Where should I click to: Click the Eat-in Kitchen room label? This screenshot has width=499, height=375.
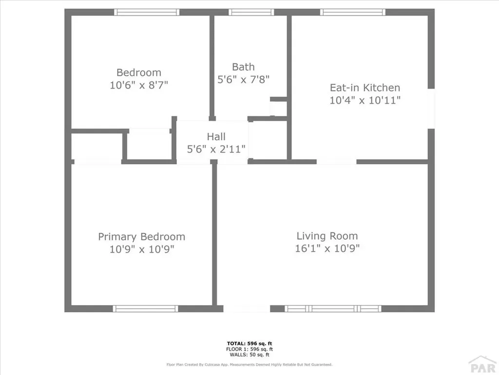[365, 88]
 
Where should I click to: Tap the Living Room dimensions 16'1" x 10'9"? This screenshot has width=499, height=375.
[327, 248]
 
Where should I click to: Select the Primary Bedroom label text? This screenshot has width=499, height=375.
[141, 237]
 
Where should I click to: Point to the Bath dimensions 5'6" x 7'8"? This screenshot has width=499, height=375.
[243, 78]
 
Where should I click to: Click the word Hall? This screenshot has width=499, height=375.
[216, 137]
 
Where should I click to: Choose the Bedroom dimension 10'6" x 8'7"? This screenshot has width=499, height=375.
[139, 85]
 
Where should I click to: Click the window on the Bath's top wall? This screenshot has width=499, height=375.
[251, 12]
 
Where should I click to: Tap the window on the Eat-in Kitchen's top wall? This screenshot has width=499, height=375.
[353, 12]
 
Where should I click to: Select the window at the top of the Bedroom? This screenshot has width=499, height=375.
[147, 12]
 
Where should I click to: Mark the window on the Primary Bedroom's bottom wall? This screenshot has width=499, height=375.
[145, 309]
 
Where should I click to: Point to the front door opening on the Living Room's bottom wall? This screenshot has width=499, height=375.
[247, 309]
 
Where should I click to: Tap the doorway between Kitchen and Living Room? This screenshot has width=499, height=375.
[337, 162]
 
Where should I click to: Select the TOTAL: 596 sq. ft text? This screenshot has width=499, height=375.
[249, 343]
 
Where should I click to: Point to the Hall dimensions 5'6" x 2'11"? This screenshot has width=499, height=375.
[216, 149]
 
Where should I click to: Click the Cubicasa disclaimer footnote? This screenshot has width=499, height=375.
[249, 364]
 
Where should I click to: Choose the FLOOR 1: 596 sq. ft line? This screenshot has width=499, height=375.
[249, 349]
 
